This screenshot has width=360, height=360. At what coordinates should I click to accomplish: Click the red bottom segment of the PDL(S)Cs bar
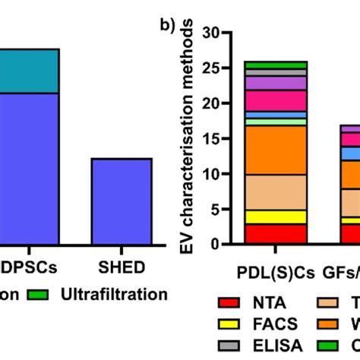pyautogui.click(x=275, y=234)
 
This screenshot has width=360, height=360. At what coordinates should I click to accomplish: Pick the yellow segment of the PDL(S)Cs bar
pyautogui.click(x=275, y=216)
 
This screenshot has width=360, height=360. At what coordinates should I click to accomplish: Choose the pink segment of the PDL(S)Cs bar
pyautogui.click(x=275, y=100)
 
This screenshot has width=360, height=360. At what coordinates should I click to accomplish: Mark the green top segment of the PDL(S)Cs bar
pyautogui.click(x=275, y=65)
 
